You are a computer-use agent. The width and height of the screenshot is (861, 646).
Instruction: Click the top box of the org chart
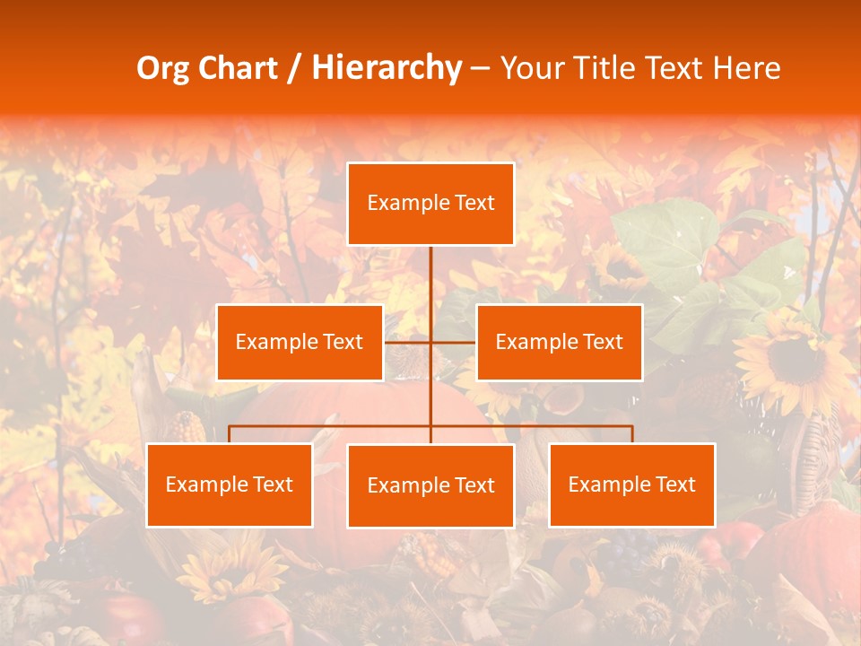click(430, 204)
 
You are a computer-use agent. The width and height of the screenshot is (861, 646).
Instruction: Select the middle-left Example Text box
click(300, 342)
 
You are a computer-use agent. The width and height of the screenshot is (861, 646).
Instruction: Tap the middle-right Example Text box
click(559, 342)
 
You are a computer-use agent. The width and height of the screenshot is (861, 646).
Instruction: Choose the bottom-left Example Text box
click(230, 484)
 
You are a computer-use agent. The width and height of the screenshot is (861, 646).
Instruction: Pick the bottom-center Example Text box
click(430, 485)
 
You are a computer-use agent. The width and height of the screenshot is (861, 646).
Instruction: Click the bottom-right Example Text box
click(632, 484)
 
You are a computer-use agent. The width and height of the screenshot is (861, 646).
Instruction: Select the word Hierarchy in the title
click(387, 68)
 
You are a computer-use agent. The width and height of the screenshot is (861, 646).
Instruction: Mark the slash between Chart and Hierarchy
click(293, 69)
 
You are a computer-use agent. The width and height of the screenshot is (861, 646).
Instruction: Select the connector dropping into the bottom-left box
click(230, 434)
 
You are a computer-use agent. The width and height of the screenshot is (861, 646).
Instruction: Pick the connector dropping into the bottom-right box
click(632, 434)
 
